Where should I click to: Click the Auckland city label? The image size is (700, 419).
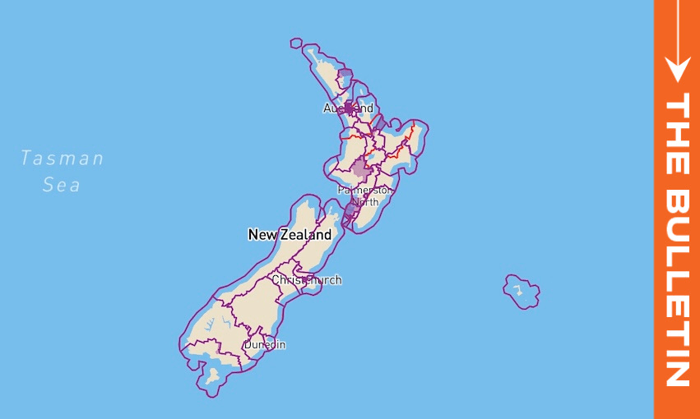click(348, 108)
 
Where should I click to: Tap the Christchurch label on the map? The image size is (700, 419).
click(307, 280)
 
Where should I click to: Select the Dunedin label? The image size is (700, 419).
click(265, 344)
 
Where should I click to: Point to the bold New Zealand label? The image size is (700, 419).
click(290, 235)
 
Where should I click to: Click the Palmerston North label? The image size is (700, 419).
click(365, 196)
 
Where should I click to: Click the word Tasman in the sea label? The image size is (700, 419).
click(63, 158)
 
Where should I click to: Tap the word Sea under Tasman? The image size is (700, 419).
click(63, 185)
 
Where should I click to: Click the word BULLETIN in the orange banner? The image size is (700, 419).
click(677, 288)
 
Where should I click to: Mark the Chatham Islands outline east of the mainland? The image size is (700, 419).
click(522, 291)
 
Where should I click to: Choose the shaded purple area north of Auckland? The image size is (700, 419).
click(345, 77)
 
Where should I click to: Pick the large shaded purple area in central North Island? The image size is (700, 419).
click(360, 171)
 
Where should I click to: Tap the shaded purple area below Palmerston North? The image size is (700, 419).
click(350, 211)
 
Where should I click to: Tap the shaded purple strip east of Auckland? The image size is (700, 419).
click(378, 123)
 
